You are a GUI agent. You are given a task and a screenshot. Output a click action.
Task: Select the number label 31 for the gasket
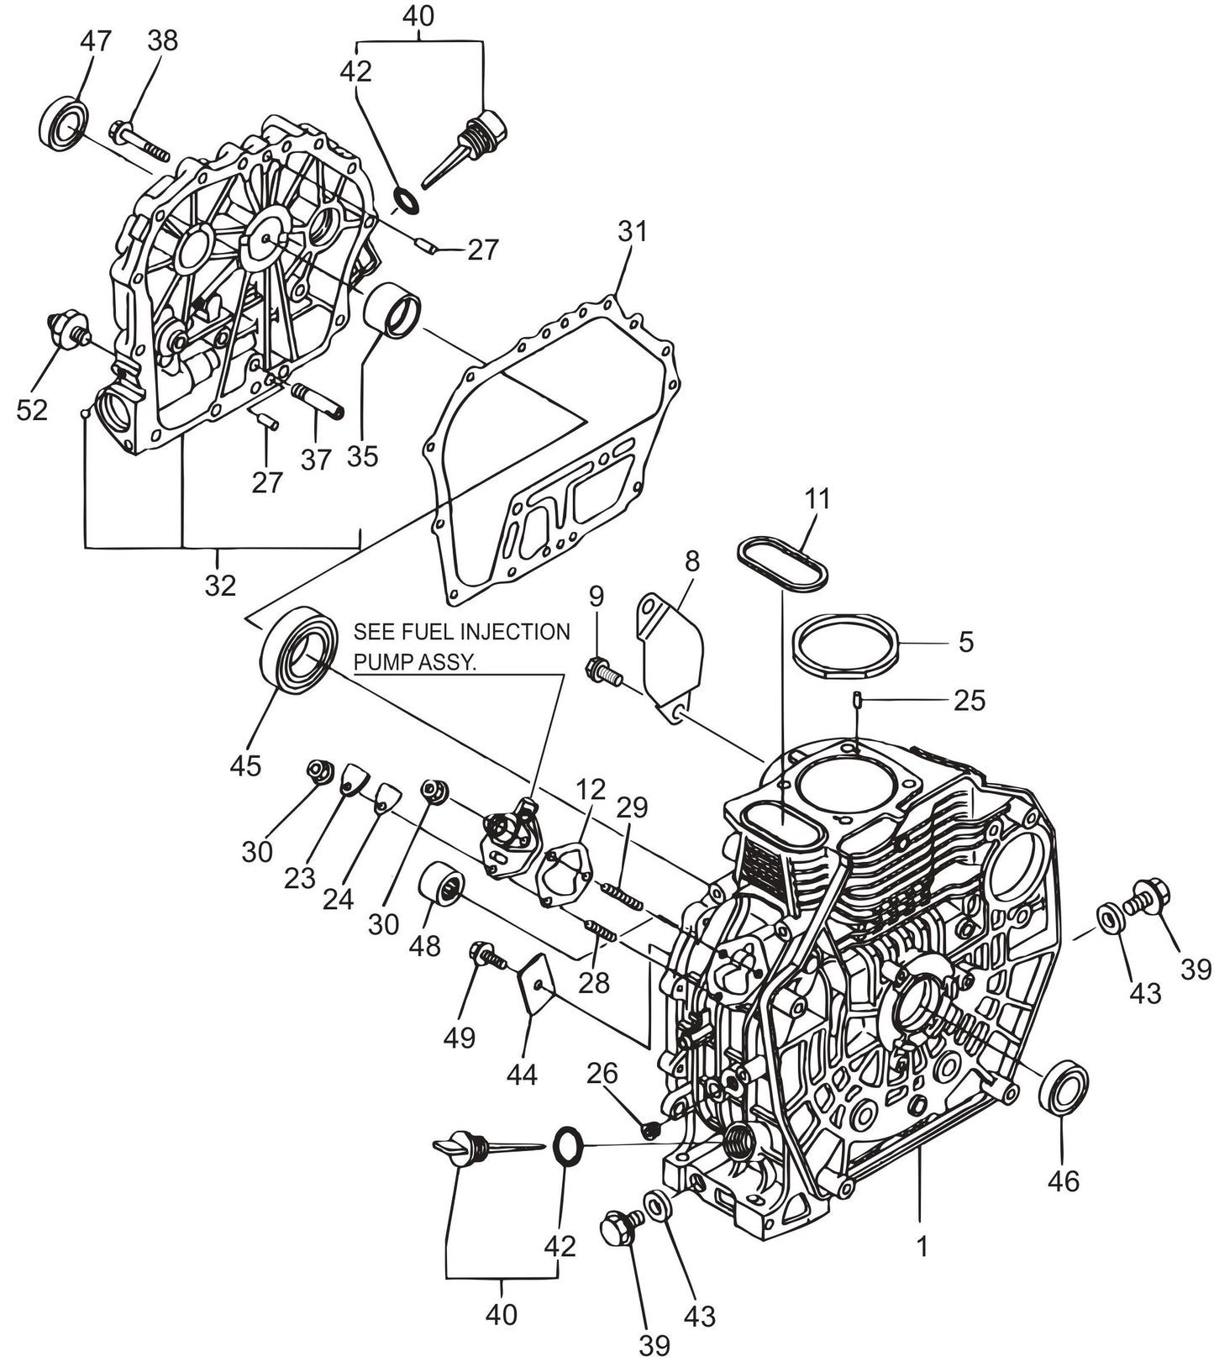(x=633, y=230)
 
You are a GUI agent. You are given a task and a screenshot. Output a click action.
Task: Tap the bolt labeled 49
(x=486, y=954)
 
